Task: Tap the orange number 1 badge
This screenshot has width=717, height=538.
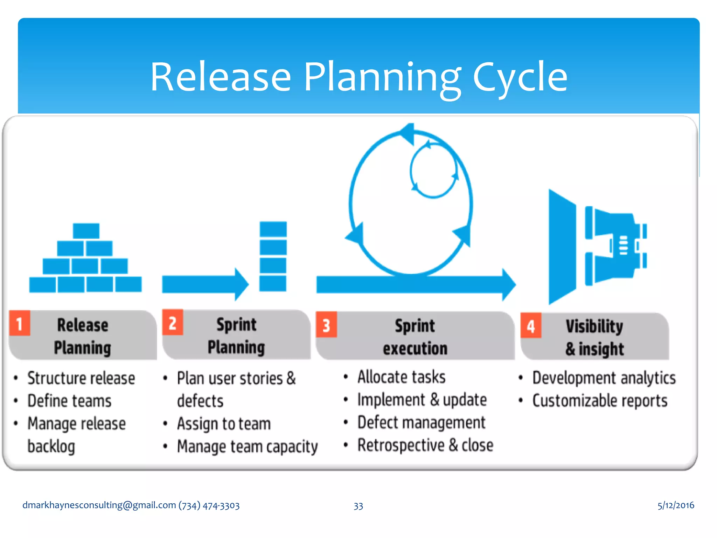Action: point(20,323)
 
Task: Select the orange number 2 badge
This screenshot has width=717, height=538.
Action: point(173,322)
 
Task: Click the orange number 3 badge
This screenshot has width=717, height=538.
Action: point(326,325)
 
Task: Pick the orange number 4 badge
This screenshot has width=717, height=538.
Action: point(531,325)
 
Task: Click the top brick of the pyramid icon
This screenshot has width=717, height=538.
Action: point(86,231)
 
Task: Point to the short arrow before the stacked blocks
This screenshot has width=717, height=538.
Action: point(205,284)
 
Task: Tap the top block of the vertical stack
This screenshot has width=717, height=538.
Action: point(273,229)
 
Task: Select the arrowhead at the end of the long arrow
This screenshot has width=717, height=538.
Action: point(509,284)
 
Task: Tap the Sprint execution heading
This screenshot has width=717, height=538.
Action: point(415,337)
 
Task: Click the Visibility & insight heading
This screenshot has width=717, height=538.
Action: point(594,338)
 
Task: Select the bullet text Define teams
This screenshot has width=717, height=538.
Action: point(69,401)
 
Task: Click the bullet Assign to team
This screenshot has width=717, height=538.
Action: point(224,424)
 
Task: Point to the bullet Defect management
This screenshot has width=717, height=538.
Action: point(421,423)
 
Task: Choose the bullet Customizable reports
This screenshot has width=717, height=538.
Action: point(600,401)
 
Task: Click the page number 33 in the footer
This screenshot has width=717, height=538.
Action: point(358,506)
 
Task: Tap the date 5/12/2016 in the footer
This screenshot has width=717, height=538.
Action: point(675,505)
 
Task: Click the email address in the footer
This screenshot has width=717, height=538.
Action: point(99,505)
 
